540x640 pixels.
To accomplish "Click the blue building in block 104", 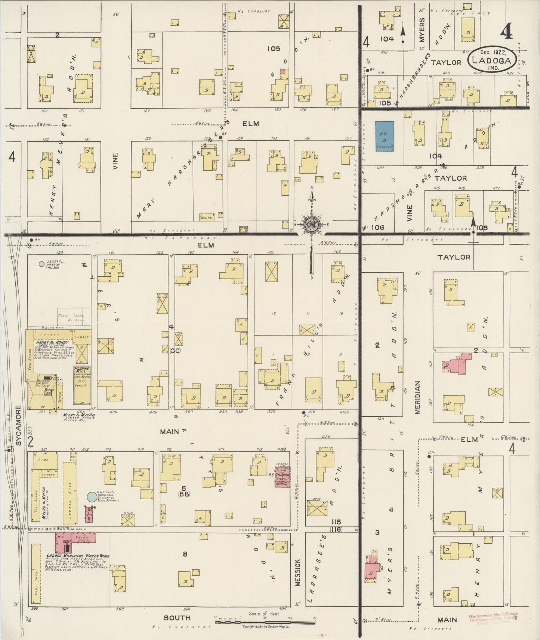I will pyautogui.click(x=385, y=136).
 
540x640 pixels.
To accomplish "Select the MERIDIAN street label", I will pyautogui.click(x=417, y=397).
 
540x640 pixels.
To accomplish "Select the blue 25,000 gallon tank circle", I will pyautogui.click(x=41, y=264).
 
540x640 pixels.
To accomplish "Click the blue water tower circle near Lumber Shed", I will pyautogui.click(x=91, y=497).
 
